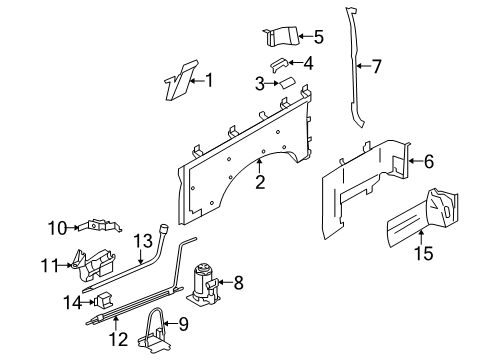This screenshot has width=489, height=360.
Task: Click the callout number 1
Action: click(209, 80)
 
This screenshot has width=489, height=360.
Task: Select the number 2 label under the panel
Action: click(259, 181)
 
